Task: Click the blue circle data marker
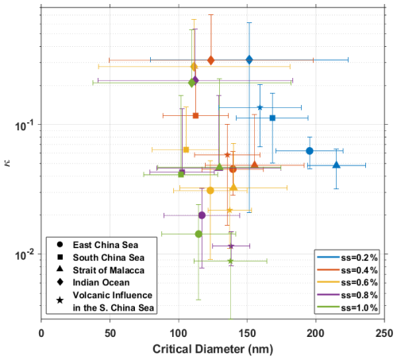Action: pos(310,151)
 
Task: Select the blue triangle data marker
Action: pos(336,165)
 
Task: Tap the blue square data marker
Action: pos(272,118)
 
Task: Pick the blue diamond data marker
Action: pos(249,60)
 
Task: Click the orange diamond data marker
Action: pos(211,60)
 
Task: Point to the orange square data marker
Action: pos(195,115)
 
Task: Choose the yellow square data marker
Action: pos(186,149)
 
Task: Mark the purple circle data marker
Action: pos(202,215)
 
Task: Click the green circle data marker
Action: pos(198,234)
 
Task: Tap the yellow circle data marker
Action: pos(210,190)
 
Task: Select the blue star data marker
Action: pos(260,107)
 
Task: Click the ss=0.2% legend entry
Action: pos(348,257)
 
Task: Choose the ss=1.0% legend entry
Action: pos(348,308)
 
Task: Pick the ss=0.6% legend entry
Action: pos(348,282)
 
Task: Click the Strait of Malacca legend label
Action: pos(109,270)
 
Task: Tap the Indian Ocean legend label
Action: pos(102,283)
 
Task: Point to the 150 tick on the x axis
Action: pos(248,333)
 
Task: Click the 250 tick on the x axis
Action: pos(384,333)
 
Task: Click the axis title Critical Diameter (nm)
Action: pos(213,349)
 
